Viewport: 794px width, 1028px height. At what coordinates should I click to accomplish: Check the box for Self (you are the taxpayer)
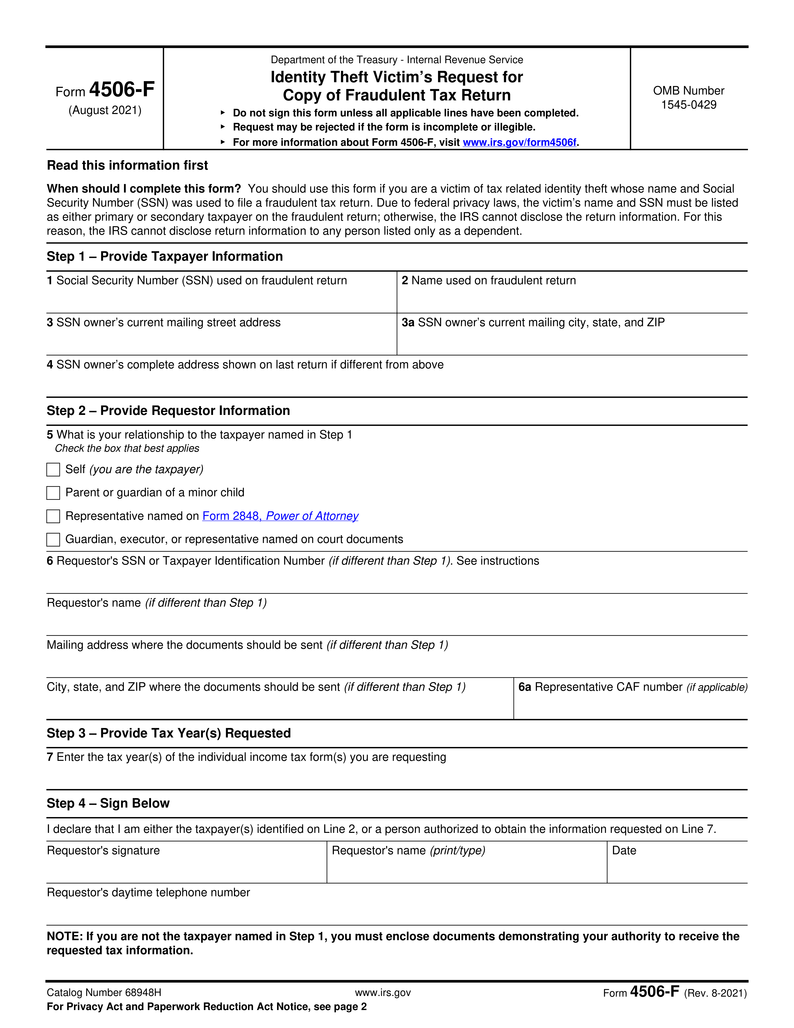pyautogui.click(x=53, y=470)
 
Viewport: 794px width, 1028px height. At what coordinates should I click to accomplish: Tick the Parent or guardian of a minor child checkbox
pyautogui.click(x=53, y=493)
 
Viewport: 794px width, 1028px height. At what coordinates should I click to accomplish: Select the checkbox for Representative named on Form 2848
pyautogui.click(x=53, y=516)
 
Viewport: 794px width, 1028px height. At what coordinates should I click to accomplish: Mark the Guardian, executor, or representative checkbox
pyautogui.click(x=53, y=539)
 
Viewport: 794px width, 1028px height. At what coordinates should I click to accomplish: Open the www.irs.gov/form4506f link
pyautogui.click(x=519, y=142)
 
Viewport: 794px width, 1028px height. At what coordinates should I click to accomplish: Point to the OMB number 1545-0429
pyautogui.click(x=689, y=104)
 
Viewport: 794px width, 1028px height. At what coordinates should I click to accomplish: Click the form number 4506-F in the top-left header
pyautogui.click(x=121, y=89)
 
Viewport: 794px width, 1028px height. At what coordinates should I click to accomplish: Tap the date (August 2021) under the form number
pyautogui.click(x=105, y=110)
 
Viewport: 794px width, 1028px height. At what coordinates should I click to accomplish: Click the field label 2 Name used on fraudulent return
pyautogui.click(x=488, y=281)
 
